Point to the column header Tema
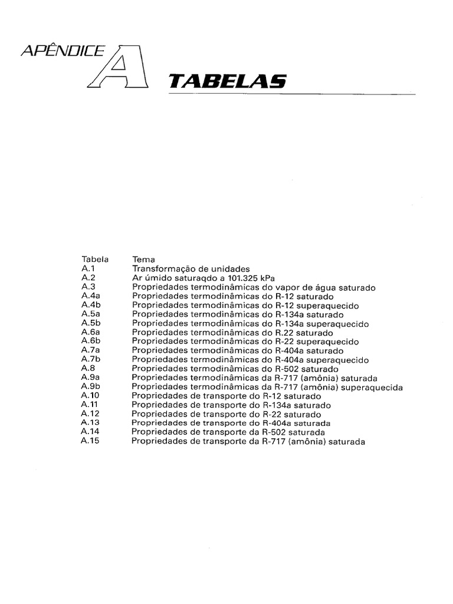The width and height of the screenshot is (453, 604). point(143,259)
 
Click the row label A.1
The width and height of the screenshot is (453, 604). point(88,268)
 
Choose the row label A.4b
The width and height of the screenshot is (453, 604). point(91,305)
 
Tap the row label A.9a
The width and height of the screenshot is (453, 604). point(91,377)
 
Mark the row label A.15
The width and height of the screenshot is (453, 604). point(91,441)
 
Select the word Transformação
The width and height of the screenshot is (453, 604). point(160,268)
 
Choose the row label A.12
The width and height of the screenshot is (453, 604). point(90,414)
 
